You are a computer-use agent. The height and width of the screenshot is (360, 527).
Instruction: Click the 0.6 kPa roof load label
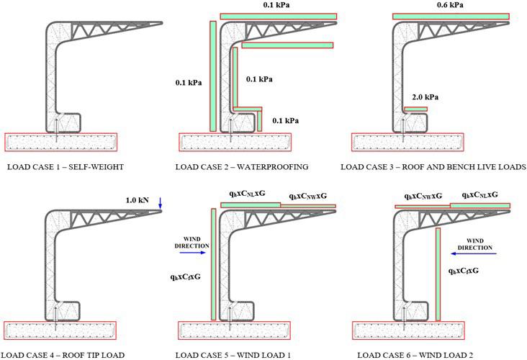[450, 5]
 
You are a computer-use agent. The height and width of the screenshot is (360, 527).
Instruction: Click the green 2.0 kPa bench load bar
[415, 109]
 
